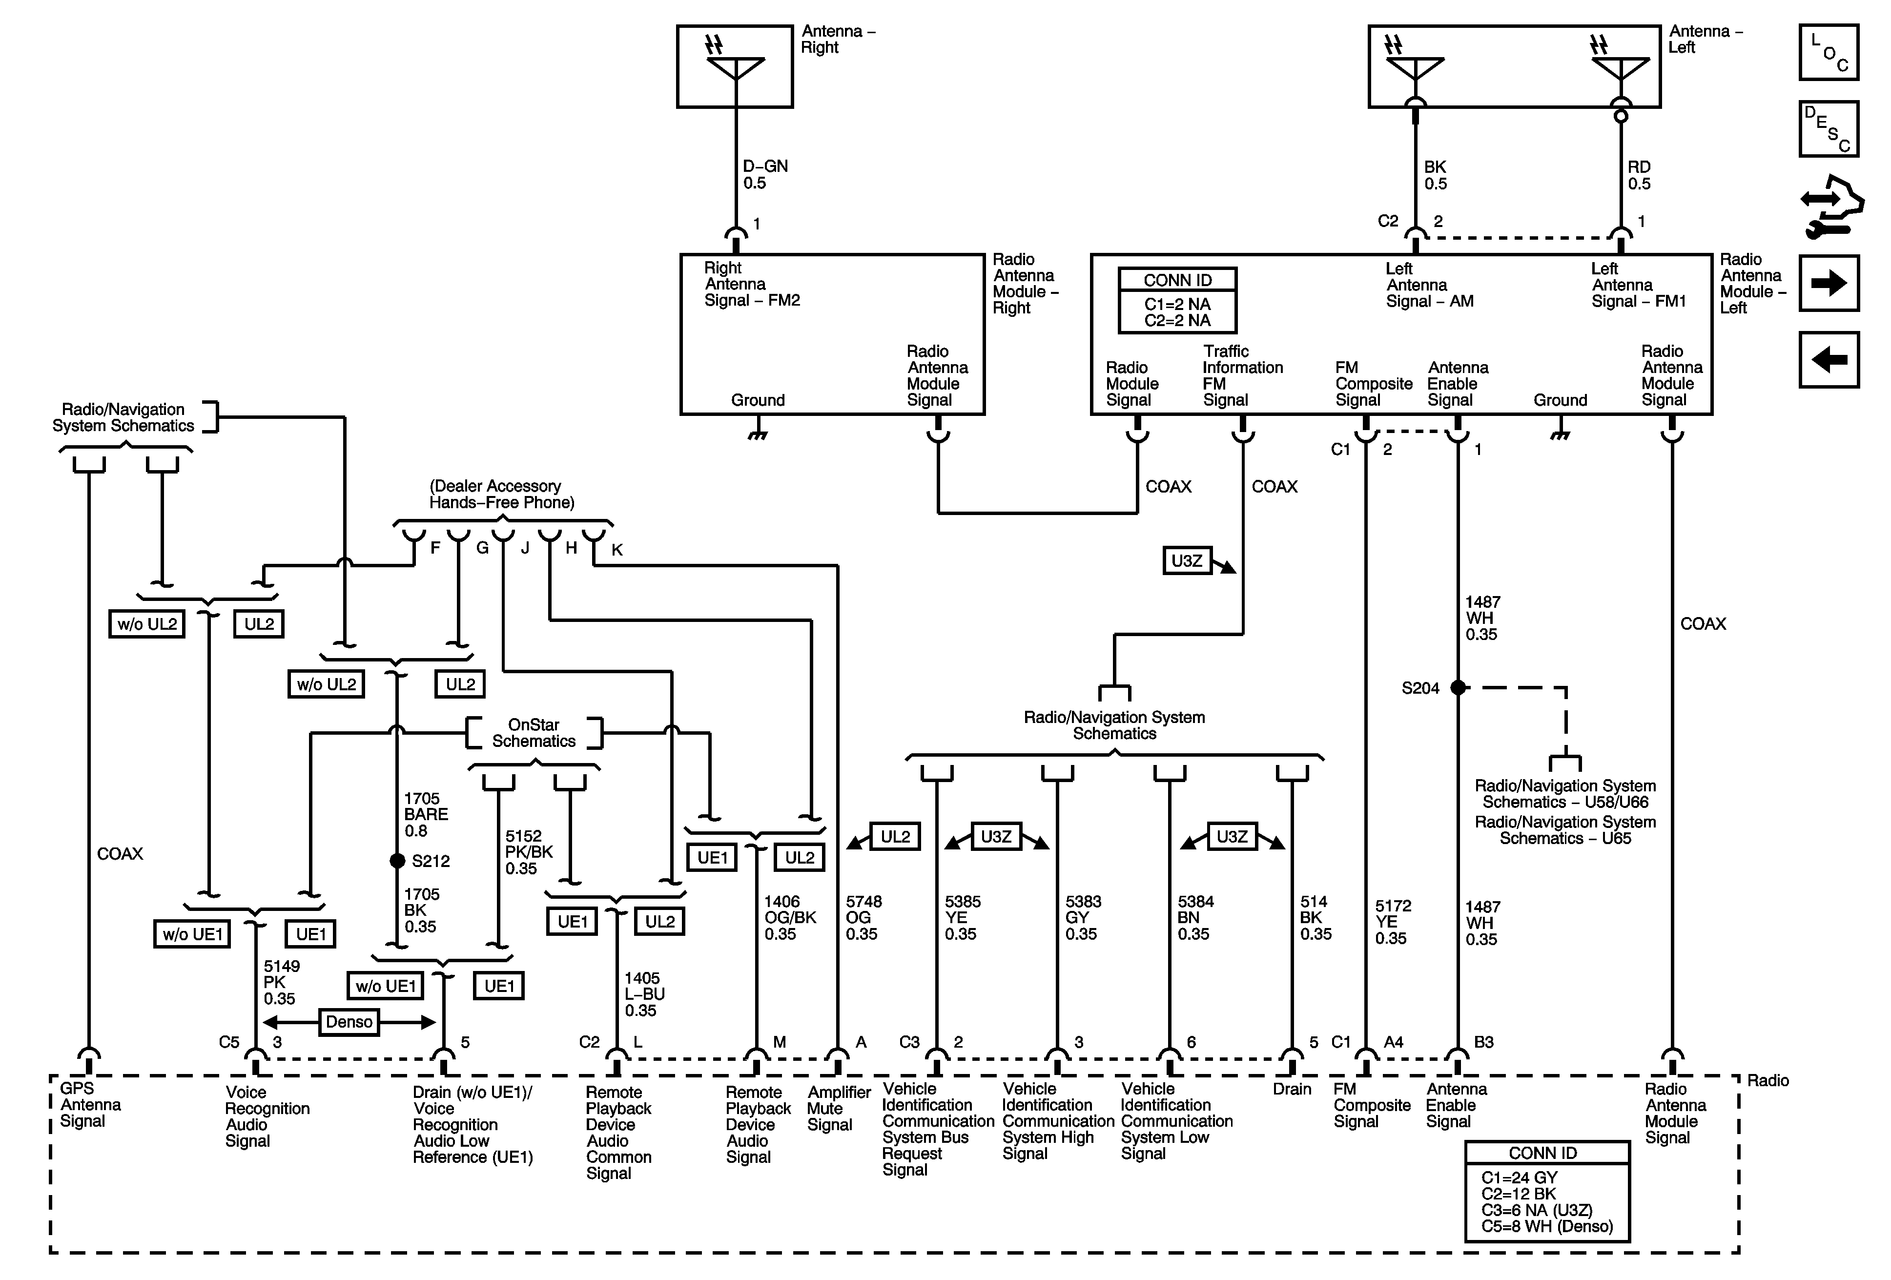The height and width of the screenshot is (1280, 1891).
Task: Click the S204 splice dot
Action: [x=1458, y=688]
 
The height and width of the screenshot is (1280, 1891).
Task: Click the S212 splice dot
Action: [x=397, y=860]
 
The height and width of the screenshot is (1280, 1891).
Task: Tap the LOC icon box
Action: [x=1829, y=52]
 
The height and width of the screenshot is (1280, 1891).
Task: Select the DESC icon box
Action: [x=1829, y=128]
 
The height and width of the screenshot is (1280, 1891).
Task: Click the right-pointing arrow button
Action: [x=1829, y=283]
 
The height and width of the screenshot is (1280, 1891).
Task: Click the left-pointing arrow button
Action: [x=1829, y=360]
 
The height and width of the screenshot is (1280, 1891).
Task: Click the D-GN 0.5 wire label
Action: [x=765, y=174]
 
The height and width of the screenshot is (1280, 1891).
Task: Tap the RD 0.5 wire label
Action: [x=1639, y=175]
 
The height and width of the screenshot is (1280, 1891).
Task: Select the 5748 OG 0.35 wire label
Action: [x=863, y=917]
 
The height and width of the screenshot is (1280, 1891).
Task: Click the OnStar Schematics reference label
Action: [x=534, y=732]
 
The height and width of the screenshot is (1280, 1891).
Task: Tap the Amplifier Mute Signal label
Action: [x=839, y=1108]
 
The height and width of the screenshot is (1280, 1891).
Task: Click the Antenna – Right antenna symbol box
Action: [x=735, y=66]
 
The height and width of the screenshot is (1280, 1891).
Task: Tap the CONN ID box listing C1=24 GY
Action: [x=1547, y=1191]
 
